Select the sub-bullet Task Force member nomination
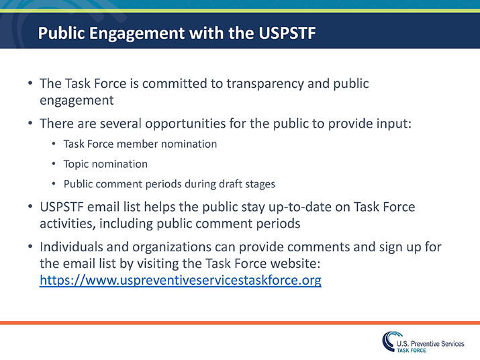click(140, 144)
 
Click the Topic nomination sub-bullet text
click(105, 164)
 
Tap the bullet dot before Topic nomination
click(54, 164)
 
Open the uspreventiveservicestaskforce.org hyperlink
click(180, 280)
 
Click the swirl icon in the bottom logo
click(387, 341)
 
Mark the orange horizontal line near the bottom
click(240, 323)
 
